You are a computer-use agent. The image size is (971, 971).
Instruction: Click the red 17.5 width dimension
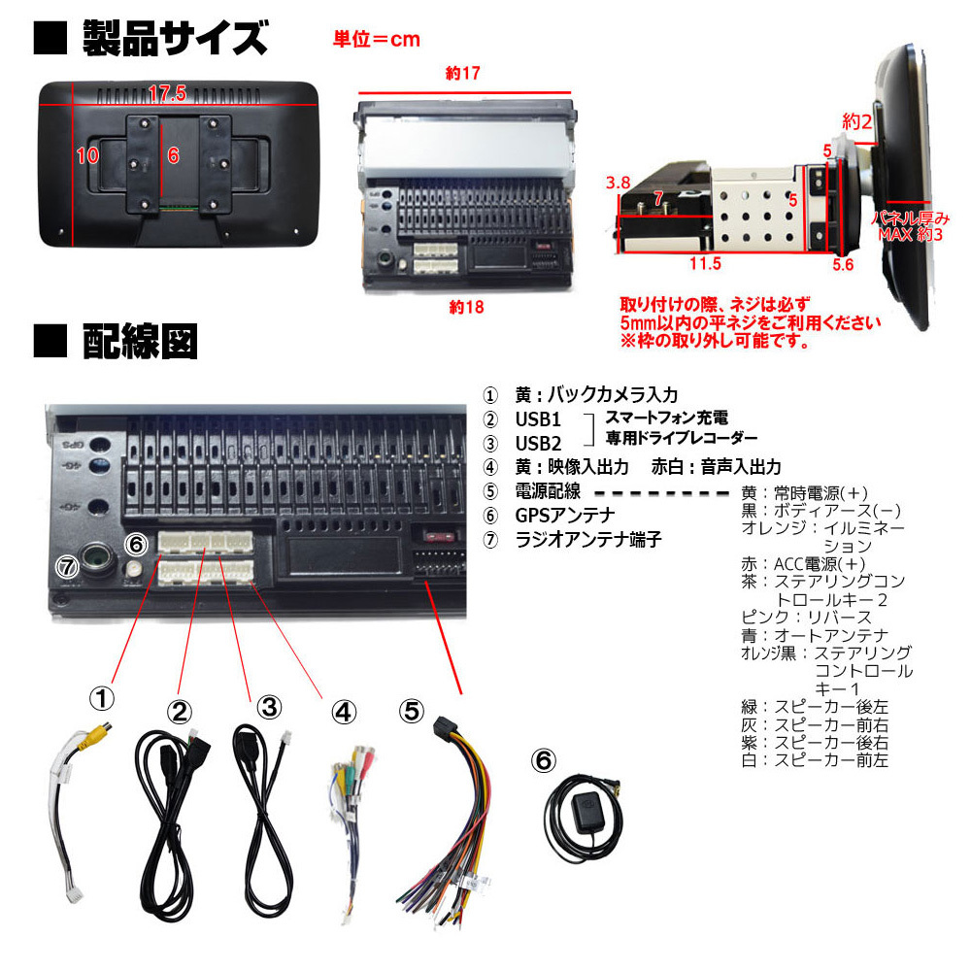point(167,93)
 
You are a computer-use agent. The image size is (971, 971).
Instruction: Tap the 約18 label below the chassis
point(466,307)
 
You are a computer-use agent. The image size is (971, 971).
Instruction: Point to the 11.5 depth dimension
point(705,264)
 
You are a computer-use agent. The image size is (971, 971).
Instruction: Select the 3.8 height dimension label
point(618,183)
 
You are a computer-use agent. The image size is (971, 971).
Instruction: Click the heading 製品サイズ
point(175,39)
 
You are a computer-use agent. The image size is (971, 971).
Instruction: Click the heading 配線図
point(140,341)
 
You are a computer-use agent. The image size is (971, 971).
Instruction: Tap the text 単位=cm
point(377,40)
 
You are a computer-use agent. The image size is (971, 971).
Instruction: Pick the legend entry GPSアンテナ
point(565,516)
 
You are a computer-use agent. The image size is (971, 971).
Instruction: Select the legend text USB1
point(538,419)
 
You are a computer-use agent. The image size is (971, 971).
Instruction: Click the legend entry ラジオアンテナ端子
point(588,539)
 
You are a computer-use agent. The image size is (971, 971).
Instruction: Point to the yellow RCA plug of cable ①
point(98,734)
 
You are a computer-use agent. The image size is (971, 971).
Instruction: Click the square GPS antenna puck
point(586,810)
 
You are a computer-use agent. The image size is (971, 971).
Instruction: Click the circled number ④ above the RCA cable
point(345,712)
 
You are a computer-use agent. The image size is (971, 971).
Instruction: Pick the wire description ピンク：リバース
point(806,618)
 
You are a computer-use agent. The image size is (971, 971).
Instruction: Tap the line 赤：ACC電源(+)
point(803,564)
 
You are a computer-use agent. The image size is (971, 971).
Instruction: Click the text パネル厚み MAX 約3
point(911,226)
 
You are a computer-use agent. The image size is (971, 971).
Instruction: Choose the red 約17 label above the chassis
point(462,73)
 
